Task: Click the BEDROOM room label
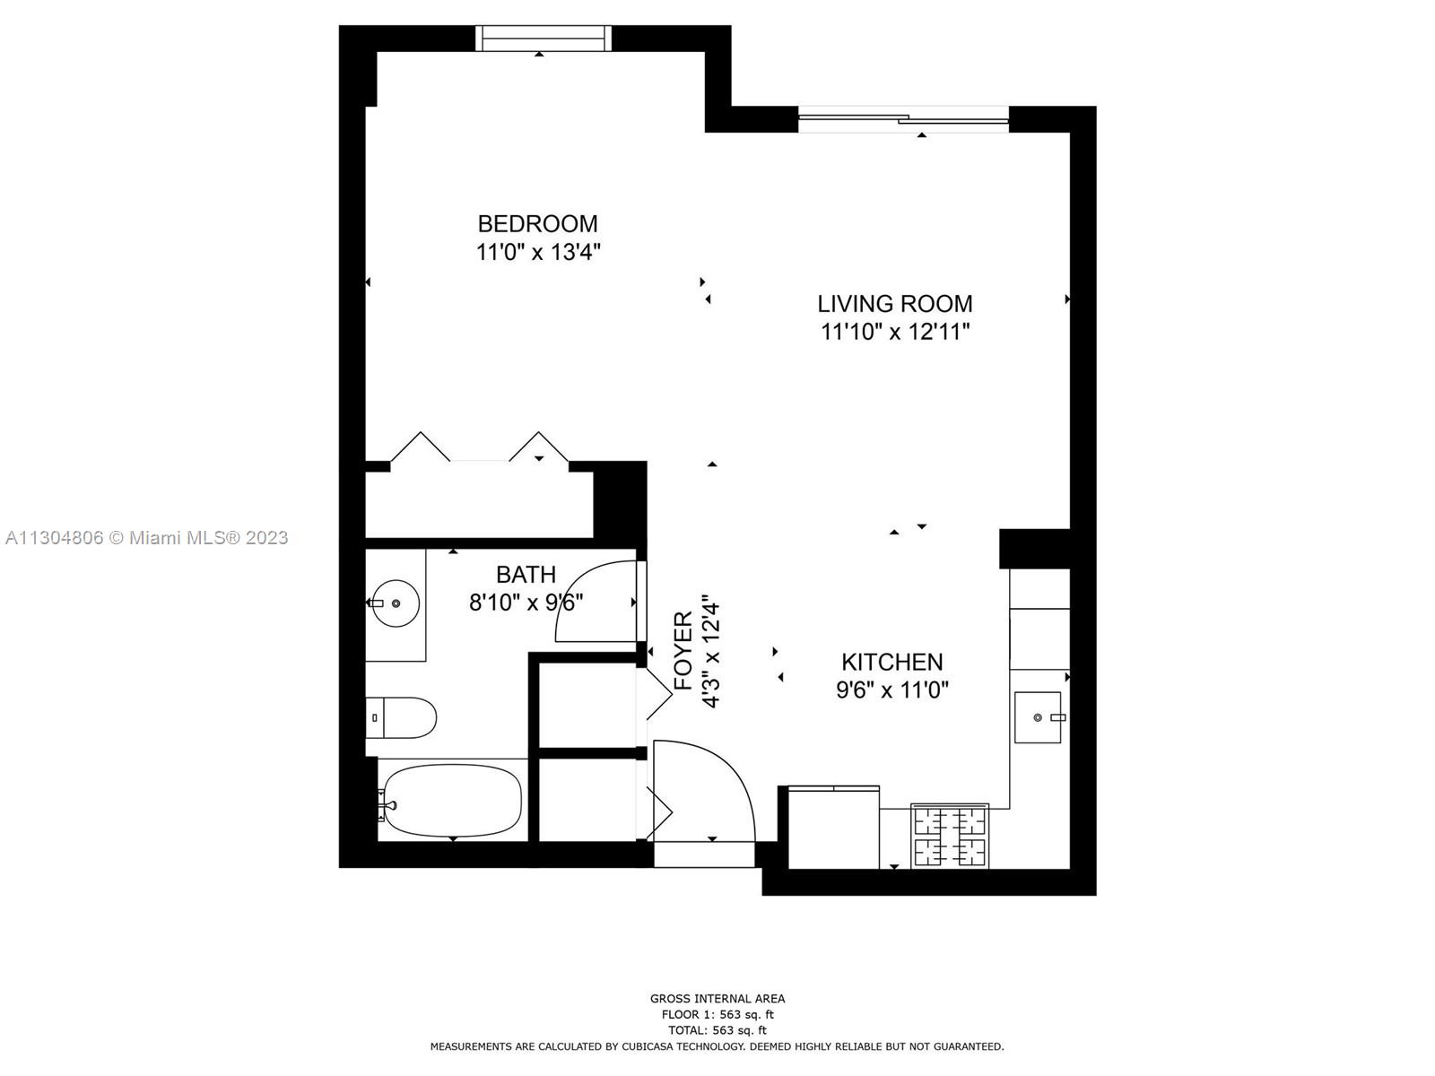pos(537,224)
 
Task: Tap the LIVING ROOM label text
pos(894,304)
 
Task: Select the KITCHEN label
pos(891,663)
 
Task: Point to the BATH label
pos(526,575)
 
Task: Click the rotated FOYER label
pos(683,651)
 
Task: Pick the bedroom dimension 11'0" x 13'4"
pos(537,252)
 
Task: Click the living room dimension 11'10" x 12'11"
pos(894,332)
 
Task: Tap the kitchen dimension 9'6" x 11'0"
pos(891,690)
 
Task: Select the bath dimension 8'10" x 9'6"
pos(526,603)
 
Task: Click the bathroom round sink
pos(395,603)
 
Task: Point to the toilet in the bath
pos(400,717)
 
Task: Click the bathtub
pos(452,801)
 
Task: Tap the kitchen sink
pos(1038,717)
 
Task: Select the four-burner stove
pos(950,836)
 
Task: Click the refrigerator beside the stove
pos(833,827)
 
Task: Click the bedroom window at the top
pos(544,38)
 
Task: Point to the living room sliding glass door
pos(903,119)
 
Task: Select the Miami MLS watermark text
pos(146,538)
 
